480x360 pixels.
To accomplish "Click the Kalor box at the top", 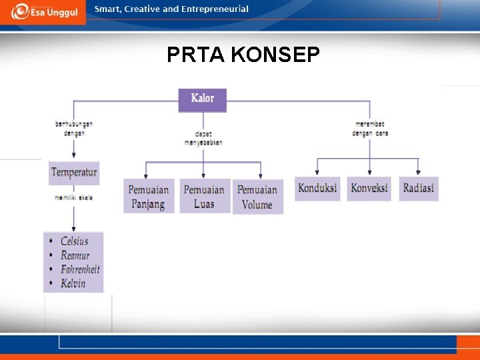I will click(x=203, y=99).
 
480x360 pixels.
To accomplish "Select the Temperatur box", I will click(x=74, y=173).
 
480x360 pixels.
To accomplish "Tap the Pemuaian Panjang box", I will click(x=149, y=196).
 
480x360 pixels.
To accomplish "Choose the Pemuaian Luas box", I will click(x=205, y=196).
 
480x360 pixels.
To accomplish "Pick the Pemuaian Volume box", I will click(x=257, y=197).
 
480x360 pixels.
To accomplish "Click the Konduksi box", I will click(x=318, y=188).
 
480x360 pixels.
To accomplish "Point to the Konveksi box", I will click(x=369, y=188).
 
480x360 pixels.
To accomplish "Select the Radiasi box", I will click(x=419, y=188).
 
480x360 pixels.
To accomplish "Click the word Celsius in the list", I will click(x=75, y=241).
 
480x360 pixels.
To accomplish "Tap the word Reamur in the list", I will click(x=75, y=255).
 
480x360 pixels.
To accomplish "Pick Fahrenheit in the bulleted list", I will click(x=80, y=269).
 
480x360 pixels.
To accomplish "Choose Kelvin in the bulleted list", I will click(x=73, y=283).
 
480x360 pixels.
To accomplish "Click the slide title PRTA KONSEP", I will click(x=243, y=55).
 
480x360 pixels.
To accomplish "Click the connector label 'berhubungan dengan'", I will click(x=74, y=129).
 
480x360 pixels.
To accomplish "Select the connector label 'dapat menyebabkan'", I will click(x=203, y=138).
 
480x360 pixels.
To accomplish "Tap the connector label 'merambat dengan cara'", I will click(x=370, y=129).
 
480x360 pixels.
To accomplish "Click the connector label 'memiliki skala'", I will click(x=74, y=197).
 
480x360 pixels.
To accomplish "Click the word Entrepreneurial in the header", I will click(x=215, y=9).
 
